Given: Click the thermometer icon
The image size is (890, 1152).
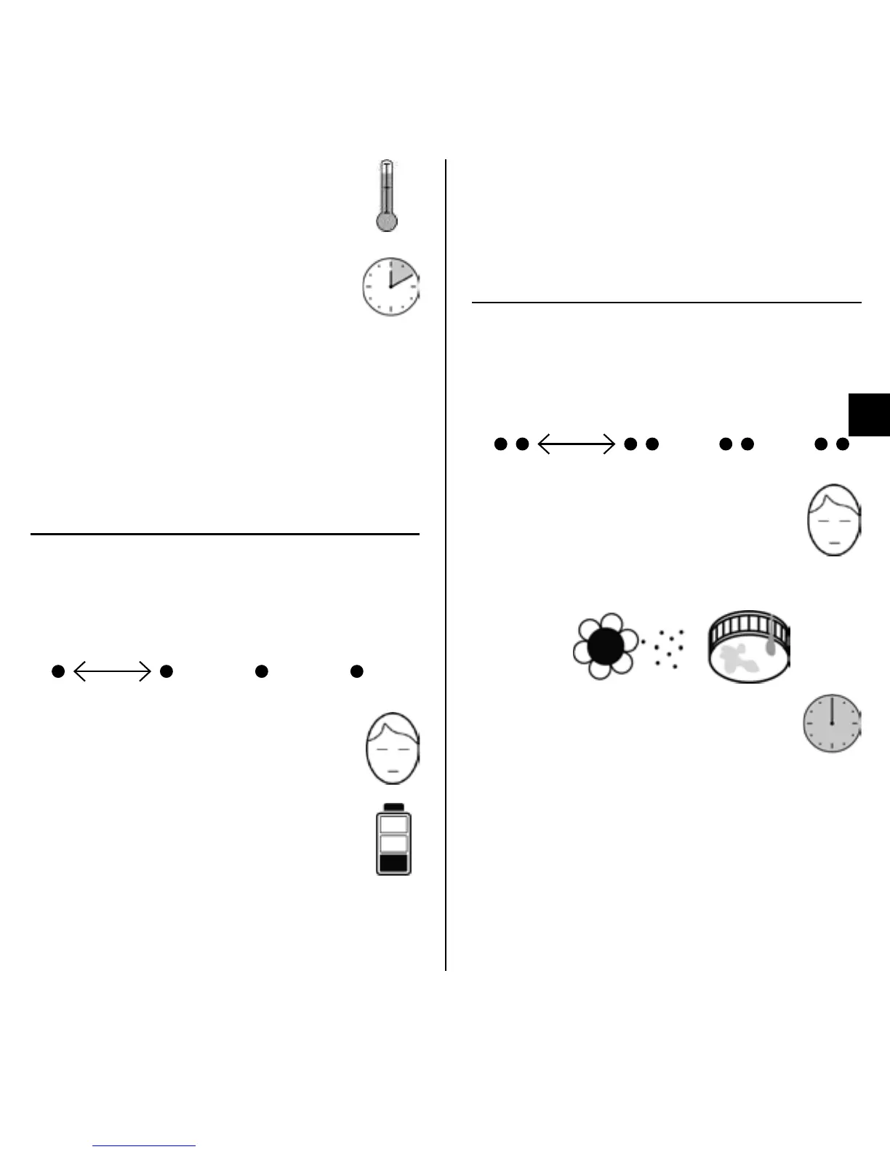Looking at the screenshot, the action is (387, 196).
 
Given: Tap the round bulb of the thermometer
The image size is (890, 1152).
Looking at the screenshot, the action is (387, 221).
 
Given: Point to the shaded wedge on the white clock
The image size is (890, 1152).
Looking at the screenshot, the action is (403, 273).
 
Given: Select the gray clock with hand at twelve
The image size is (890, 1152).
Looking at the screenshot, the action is (832, 724).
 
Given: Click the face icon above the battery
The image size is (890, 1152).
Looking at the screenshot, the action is (393, 748).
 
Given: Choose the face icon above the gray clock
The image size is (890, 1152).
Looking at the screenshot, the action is (834, 520).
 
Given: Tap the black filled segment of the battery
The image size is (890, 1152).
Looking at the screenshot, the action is (393, 863).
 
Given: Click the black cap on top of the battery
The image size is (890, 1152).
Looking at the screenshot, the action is (393, 807).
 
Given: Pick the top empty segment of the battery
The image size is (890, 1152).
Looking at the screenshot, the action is (393, 824).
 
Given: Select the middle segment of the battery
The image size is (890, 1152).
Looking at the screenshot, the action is (393, 843).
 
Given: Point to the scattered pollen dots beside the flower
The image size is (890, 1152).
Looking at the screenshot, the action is (666, 648).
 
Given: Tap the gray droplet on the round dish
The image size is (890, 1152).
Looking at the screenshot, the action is (771, 647).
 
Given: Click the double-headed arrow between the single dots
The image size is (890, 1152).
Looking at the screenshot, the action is (112, 671).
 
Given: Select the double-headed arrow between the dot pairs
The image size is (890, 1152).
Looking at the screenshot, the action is (576, 444).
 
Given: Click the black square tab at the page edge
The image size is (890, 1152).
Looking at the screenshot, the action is (869, 415).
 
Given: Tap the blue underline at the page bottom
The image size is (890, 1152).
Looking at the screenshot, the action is (145, 1145).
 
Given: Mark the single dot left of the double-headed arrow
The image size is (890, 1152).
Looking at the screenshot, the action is (58, 671).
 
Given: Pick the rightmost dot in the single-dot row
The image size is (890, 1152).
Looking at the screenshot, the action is (356, 671).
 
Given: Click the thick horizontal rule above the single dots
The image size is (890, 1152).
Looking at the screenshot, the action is (225, 534).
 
